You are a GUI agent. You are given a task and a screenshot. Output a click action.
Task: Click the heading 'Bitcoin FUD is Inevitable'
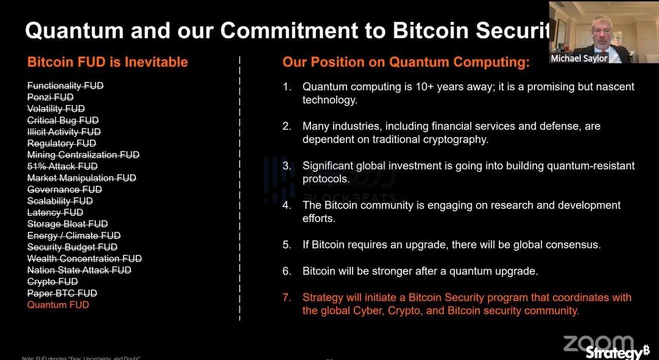(107, 62)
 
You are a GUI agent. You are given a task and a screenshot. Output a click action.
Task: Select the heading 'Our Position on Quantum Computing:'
(406, 62)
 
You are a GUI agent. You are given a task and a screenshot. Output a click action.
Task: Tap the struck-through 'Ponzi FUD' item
(50, 97)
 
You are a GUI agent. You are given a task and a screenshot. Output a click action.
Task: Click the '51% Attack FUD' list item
(62, 166)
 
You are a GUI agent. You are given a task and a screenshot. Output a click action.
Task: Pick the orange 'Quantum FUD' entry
(58, 305)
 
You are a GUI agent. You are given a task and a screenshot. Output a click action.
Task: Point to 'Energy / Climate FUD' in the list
(74, 236)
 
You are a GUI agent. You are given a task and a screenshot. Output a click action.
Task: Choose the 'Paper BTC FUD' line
(62, 294)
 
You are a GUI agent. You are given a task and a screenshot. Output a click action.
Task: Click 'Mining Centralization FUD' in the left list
(83, 155)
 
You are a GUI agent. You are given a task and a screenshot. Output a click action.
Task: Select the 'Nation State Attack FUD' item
(79, 270)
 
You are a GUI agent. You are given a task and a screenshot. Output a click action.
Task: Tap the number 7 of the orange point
(286, 298)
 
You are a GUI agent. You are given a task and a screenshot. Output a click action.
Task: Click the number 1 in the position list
(286, 87)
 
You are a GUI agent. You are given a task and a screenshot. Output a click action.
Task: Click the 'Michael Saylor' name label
(579, 58)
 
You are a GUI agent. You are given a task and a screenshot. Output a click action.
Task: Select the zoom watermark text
(598, 342)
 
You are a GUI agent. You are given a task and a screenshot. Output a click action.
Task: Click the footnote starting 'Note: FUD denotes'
(81, 357)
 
